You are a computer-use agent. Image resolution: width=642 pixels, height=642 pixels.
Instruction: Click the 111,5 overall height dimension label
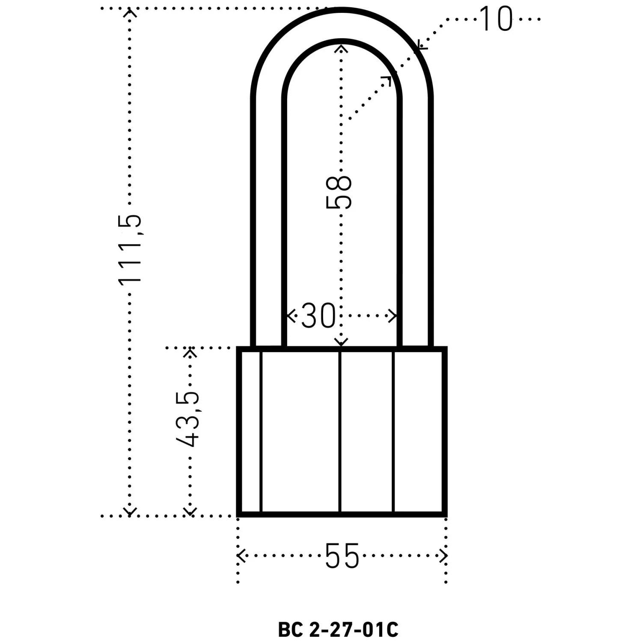(x=129, y=249)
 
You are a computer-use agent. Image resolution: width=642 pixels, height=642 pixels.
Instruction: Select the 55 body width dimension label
(x=342, y=556)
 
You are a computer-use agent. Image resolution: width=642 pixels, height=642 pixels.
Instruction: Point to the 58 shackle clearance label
(x=339, y=193)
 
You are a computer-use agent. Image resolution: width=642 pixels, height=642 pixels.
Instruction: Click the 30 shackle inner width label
(x=318, y=316)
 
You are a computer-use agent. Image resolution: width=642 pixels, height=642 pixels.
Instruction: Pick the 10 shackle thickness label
(x=496, y=19)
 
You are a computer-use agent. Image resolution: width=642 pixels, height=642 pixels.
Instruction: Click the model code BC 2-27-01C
(x=338, y=629)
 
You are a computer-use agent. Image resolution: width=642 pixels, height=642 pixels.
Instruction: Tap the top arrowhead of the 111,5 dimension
(x=130, y=12)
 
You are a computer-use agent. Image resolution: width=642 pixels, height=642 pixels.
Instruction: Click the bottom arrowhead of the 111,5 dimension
(x=130, y=511)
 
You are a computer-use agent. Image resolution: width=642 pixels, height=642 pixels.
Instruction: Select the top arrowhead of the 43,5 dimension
(x=190, y=352)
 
